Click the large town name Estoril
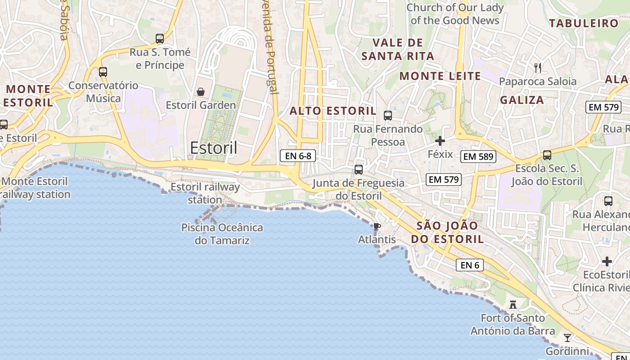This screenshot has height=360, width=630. (214, 148)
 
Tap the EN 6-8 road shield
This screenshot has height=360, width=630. (298, 156)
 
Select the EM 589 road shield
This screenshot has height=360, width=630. (478, 157)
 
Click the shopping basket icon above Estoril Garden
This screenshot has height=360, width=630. (201, 92)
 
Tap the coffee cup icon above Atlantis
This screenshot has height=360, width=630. (377, 226)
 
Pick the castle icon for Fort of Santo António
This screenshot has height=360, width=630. (513, 305)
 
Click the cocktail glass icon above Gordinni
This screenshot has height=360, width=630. (567, 337)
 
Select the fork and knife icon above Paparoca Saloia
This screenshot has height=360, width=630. (537, 68)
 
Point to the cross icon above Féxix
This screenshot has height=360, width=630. (440, 141)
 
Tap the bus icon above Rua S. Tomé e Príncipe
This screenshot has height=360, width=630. (160, 39)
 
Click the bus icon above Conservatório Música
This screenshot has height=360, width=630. (103, 72)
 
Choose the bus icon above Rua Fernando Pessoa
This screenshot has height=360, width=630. (387, 116)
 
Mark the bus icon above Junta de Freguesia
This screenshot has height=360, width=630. (359, 170)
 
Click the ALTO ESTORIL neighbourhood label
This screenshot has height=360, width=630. (333, 111)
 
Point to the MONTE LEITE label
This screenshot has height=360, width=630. (440, 76)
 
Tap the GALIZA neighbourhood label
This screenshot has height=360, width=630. (522, 100)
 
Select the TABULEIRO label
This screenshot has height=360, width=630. (584, 23)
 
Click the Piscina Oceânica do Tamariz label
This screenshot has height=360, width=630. (222, 234)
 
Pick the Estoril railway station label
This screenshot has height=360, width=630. (205, 193)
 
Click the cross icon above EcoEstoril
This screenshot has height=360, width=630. (607, 261)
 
